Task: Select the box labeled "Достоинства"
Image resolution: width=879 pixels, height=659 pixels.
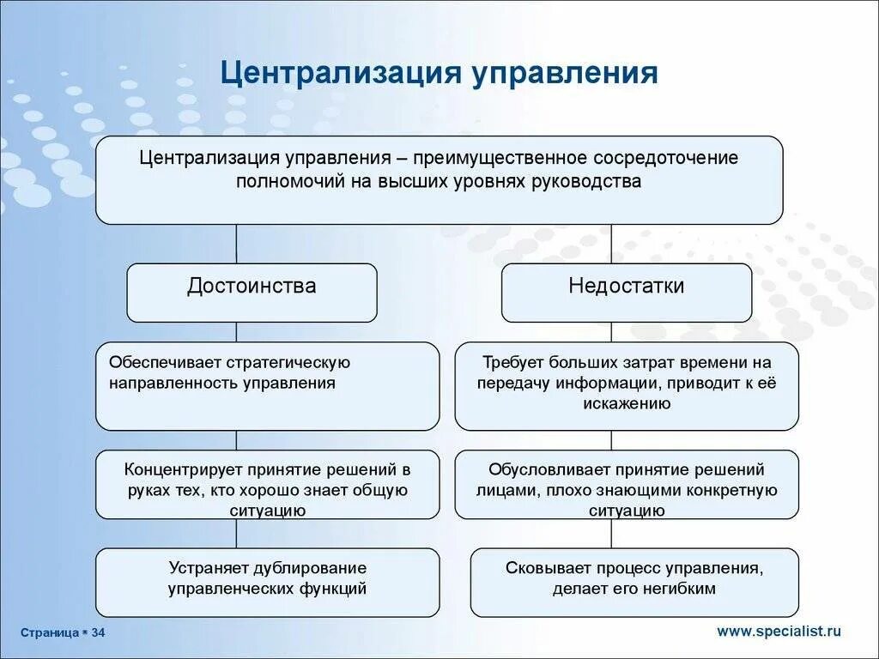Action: (252, 292)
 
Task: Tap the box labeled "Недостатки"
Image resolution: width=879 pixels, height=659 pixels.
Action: (626, 292)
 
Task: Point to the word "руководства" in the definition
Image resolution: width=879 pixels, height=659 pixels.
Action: (596, 182)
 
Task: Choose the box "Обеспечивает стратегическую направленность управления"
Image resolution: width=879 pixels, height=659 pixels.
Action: (267, 385)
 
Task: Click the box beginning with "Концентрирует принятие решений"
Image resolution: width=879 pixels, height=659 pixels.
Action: (267, 484)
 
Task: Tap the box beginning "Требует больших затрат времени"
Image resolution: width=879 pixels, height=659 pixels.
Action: (626, 385)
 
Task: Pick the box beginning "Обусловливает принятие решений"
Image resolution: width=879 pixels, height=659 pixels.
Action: (626, 484)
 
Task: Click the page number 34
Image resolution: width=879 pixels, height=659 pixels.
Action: (98, 632)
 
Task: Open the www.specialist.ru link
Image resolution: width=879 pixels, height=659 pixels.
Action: (779, 632)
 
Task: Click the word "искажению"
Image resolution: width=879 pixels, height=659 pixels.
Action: (626, 403)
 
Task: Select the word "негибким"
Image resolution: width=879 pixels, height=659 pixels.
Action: (678, 589)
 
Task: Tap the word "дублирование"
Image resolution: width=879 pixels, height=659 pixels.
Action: (310, 568)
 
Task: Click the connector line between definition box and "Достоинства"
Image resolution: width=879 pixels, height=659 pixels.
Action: (237, 244)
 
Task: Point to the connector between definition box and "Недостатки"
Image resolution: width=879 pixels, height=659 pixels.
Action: (611, 244)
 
